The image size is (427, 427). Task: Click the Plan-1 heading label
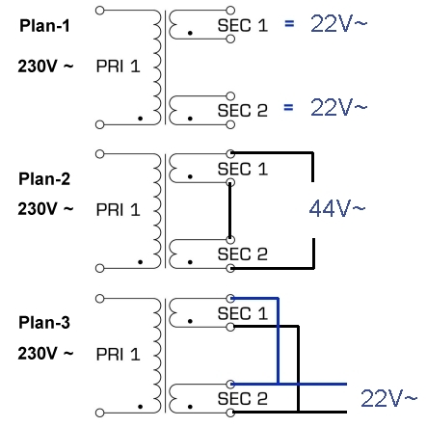point(44,26)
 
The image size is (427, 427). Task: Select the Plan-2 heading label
point(44,178)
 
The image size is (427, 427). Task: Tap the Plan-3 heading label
point(44,322)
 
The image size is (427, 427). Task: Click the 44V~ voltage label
point(337,208)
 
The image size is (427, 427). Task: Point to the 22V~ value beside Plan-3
point(388,398)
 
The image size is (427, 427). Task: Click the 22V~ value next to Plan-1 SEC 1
point(338,23)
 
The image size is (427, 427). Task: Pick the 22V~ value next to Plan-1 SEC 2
point(338,107)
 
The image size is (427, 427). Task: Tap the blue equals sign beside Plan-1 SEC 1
point(289,23)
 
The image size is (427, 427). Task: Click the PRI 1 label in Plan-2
point(118,210)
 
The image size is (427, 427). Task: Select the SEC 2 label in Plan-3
point(243,398)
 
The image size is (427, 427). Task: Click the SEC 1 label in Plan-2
point(243,169)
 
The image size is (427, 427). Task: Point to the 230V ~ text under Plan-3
point(45,353)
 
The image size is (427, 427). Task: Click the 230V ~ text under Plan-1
point(45,67)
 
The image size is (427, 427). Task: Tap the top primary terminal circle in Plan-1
point(100,11)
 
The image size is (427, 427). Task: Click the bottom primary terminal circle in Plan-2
point(100,268)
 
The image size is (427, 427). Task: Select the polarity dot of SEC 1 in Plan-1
point(190,33)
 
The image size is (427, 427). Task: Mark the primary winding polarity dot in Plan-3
point(140,407)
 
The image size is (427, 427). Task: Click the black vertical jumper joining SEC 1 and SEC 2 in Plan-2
point(229,211)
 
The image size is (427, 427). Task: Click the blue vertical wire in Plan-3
point(278,341)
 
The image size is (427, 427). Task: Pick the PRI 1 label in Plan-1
point(118,67)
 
